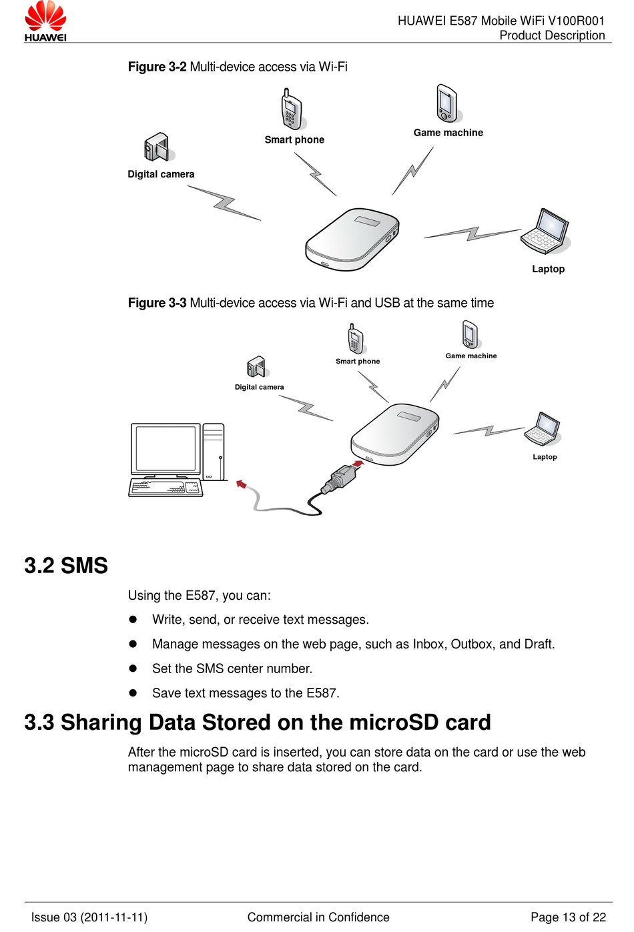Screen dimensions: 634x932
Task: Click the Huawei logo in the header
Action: coord(45,21)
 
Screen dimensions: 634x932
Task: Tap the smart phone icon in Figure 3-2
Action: coord(292,109)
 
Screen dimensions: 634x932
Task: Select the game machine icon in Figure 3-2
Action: coord(447,103)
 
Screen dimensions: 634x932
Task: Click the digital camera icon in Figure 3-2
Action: coord(157,147)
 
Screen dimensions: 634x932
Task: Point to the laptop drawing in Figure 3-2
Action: coord(545,231)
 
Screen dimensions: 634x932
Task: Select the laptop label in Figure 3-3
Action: coord(545,457)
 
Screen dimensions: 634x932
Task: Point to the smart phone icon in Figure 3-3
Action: coord(356,340)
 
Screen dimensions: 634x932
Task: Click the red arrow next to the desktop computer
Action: coord(242,484)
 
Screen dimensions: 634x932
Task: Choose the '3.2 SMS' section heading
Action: coord(66,566)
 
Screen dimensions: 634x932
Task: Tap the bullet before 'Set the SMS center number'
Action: coord(133,668)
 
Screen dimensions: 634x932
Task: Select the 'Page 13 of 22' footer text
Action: coord(568,917)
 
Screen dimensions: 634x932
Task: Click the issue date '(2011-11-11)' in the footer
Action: coord(114,917)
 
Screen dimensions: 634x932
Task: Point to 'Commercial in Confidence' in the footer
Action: coord(318,917)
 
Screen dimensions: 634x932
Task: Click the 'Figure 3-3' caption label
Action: coord(157,303)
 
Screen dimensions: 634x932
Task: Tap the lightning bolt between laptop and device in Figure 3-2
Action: coord(472,234)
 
